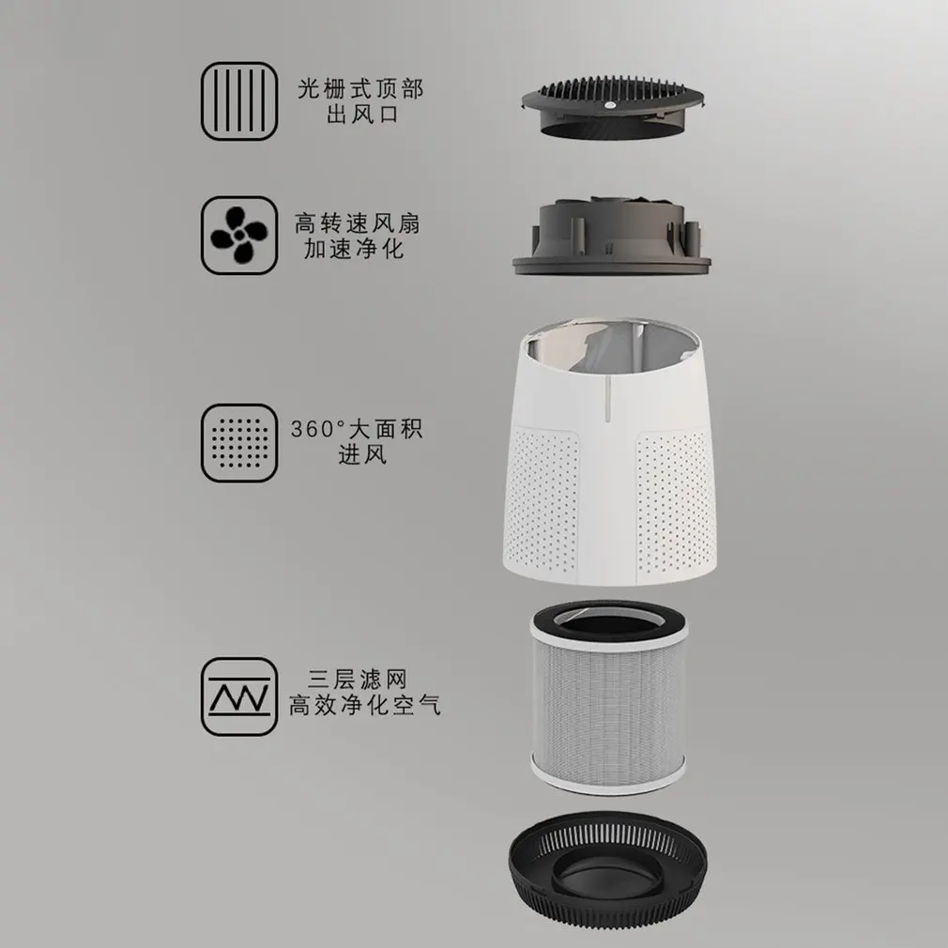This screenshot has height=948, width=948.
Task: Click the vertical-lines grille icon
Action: click(x=239, y=100)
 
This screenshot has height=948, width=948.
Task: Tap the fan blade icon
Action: click(x=239, y=236)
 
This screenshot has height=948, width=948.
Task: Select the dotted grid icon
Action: click(x=239, y=442)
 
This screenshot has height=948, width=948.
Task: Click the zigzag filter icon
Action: click(x=239, y=696)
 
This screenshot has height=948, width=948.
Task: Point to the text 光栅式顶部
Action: click(x=359, y=89)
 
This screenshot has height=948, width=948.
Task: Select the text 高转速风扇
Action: click(x=358, y=224)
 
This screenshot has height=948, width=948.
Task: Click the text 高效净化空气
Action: click(x=364, y=706)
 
